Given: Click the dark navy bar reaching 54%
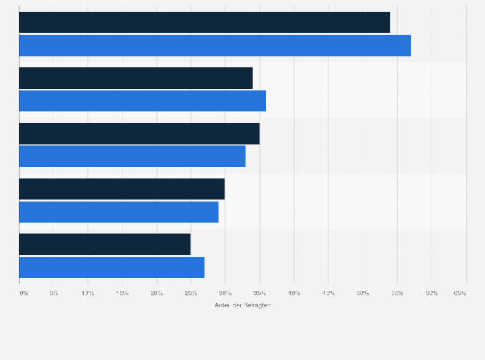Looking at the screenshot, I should pyautogui.click(x=205, y=22).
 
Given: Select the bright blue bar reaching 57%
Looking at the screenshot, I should pyautogui.click(x=215, y=46).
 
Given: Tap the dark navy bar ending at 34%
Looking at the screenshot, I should pyautogui.click(x=136, y=78).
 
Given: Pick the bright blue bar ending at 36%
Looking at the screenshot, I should pyautogui.click(x=142, y=101).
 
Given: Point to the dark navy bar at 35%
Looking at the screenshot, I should pyautogui.click(x=139, y=133).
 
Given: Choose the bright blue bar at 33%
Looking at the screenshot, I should pyautogui.click(x=132, y=156).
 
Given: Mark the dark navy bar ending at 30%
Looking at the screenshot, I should pyautogui.click(x=122, y=189).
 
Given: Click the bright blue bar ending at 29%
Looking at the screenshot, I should pyautogui.click(x=118, y=212).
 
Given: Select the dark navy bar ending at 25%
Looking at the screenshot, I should pyautogui.click(x=105, y=244).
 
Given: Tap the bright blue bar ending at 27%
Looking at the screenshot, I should pyautogui.click(x=111, y=267).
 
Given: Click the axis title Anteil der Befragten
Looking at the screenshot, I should pyautogui.click(x=243, y=305).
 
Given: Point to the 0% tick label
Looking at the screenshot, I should pyautogui.click(x=24, y=293).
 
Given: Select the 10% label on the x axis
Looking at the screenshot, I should pyautogui.click(x=88, y=293).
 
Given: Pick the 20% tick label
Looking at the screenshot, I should pyautogui.click(x=156, y=293).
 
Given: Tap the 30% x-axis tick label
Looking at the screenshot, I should pyautogui.click(x=225, y=293).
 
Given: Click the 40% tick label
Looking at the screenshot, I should pyautogui.click(x=294, y=293).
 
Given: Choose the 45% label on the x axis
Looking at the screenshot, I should pyautogui.click(x=328, y=293).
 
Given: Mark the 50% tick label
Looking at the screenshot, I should pyautogui.click(x=363, y=293).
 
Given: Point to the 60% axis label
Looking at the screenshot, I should pyautogui.click(x=432, y=293).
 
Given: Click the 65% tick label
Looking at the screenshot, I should pyautogui.click(x=460, y=293).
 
